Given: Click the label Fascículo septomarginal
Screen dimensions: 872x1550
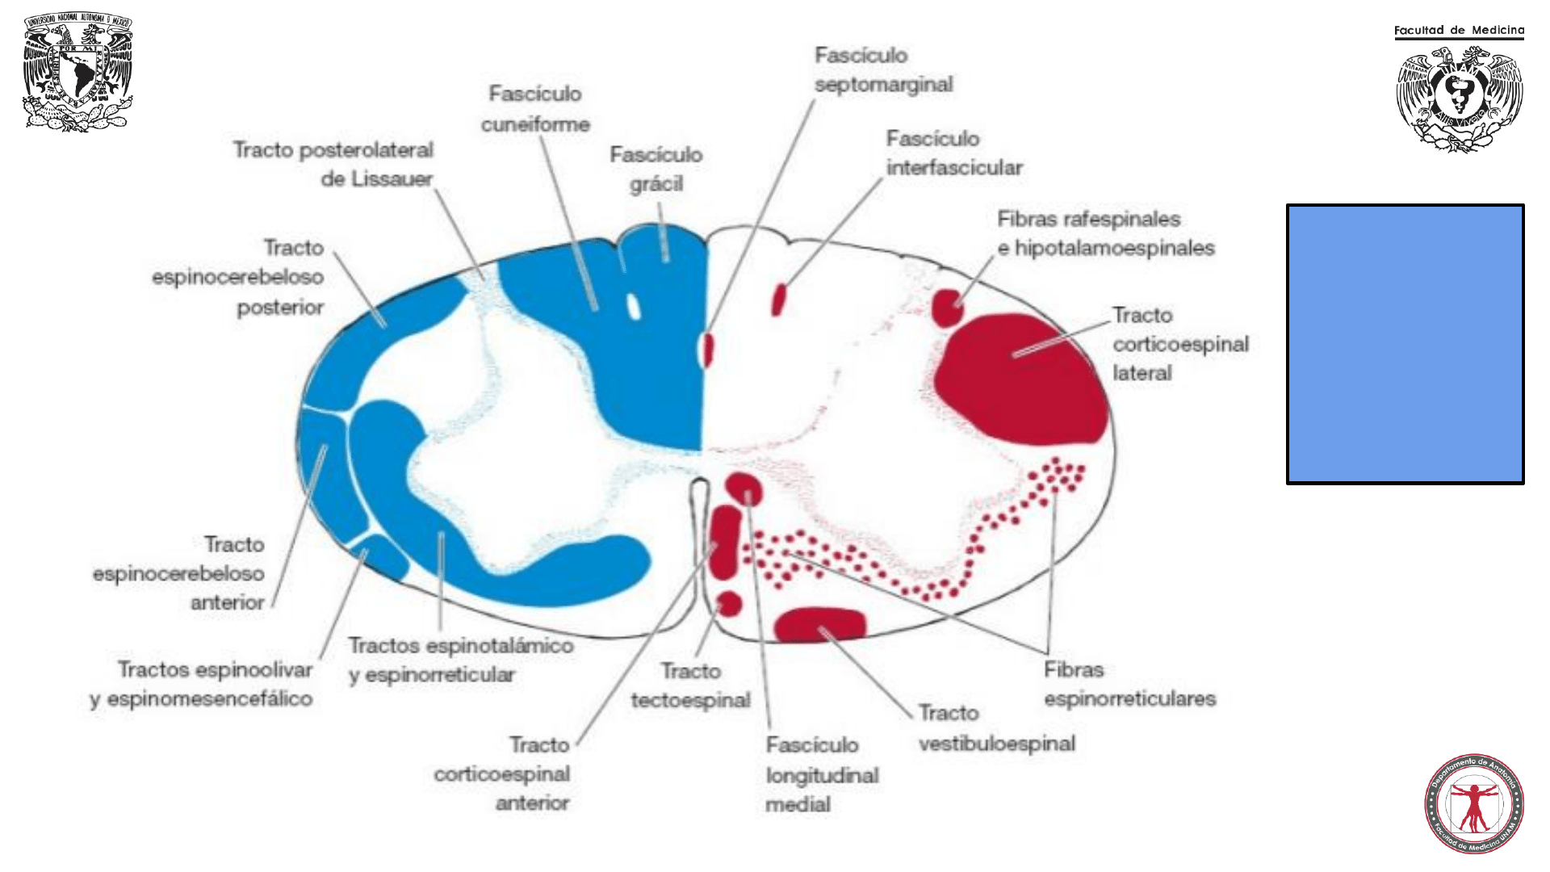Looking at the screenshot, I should coord(883,69).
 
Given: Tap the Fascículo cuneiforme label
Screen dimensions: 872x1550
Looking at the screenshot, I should coord(535,109).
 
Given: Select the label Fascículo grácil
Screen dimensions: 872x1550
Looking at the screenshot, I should coord(656,169).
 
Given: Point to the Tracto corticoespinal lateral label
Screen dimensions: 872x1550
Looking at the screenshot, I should coord(1180,344).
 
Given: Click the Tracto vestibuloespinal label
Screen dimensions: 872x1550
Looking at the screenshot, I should coord(996,728).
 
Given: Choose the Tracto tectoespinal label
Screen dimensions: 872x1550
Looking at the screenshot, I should coord(690,685).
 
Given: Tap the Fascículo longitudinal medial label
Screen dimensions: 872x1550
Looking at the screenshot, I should coord(822,774).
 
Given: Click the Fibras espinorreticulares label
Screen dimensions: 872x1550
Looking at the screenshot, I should coord(1129,684).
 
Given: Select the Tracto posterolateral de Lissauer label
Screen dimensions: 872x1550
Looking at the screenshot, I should coord(333,164).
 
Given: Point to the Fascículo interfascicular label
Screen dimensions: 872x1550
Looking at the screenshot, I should coord(954,153).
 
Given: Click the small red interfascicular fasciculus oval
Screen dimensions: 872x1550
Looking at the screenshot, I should coord(778,300).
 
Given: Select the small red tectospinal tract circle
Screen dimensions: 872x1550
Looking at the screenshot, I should coord(729,603).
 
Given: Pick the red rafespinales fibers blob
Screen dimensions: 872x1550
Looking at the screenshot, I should coord(947,308).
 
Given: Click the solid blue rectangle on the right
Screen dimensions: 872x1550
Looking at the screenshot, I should coord(1405,344).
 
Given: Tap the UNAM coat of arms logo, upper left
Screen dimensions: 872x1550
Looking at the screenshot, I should coord(77,72).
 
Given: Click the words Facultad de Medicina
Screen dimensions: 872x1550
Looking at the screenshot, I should coord(1459,31).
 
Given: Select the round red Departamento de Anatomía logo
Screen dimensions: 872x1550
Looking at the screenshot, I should coord(1473,804).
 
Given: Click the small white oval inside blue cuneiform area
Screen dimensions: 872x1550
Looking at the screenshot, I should coord(634,306).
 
